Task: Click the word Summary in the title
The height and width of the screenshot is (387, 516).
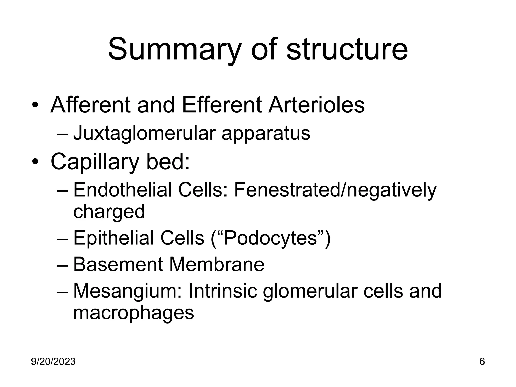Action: pyautogui.click(x=174, y=49)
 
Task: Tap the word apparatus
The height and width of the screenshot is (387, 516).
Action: pyautogui.click(x=266, y=134)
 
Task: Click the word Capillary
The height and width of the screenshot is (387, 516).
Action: pyautogui.click(x=95, y=162)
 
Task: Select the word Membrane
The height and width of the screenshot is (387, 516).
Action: pyautogui.click(x=217, y=265)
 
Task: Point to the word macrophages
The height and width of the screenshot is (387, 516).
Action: pyautogui.click(x=134, y=313)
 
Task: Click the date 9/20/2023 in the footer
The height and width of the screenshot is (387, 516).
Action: pyautogui.click(x=53, y=362)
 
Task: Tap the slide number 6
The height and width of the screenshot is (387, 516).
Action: pyautogui.click(x=482, y=362)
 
